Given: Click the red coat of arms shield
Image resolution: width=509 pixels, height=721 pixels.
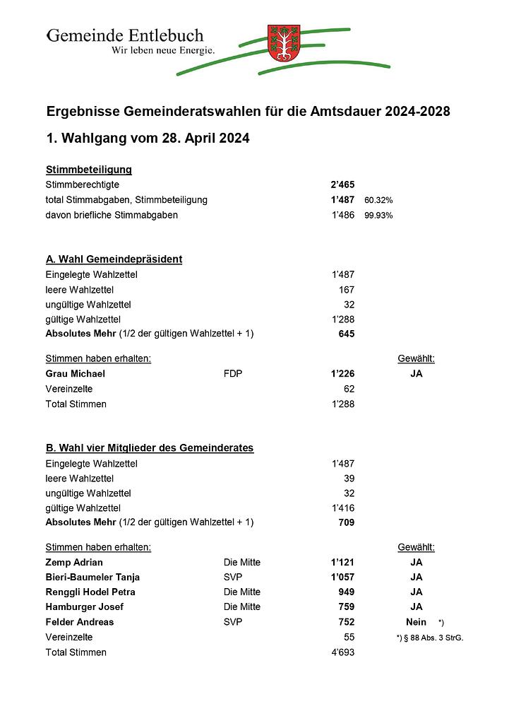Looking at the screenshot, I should pos(284,43).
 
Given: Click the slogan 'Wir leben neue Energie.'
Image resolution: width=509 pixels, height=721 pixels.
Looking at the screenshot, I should pos(162,50).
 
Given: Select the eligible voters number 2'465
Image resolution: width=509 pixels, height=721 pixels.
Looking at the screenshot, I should pos(342,184).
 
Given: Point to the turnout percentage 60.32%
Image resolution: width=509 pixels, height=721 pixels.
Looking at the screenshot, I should pos(378,200).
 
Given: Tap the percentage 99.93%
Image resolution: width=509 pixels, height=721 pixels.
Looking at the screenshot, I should pos(378,216).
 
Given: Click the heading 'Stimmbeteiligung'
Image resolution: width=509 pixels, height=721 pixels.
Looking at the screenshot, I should pos(89,170).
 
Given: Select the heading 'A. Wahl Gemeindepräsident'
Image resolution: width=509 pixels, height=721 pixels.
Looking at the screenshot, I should pos(114,259).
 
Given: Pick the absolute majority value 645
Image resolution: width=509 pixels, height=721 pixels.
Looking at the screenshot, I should pos(346,334).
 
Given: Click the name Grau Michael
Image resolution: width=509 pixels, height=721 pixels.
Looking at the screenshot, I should pos(75,374).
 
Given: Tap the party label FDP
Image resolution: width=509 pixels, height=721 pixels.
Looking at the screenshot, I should pos(232,374).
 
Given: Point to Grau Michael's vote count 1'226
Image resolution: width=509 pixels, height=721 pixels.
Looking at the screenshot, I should pos(342,374).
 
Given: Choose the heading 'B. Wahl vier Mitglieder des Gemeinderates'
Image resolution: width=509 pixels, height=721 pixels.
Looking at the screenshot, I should pos(149,448).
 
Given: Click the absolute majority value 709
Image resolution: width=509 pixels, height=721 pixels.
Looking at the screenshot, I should pos(346,523).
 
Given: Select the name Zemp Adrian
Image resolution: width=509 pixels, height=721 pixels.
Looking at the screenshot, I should pos(74,563).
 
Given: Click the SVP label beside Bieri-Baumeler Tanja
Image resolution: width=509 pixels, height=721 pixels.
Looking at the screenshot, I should pos(233,578).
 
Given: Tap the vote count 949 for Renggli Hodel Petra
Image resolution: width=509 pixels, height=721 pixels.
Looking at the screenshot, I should pos(346,592).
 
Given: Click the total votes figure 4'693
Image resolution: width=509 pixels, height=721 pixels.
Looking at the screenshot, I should pos(342,652).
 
